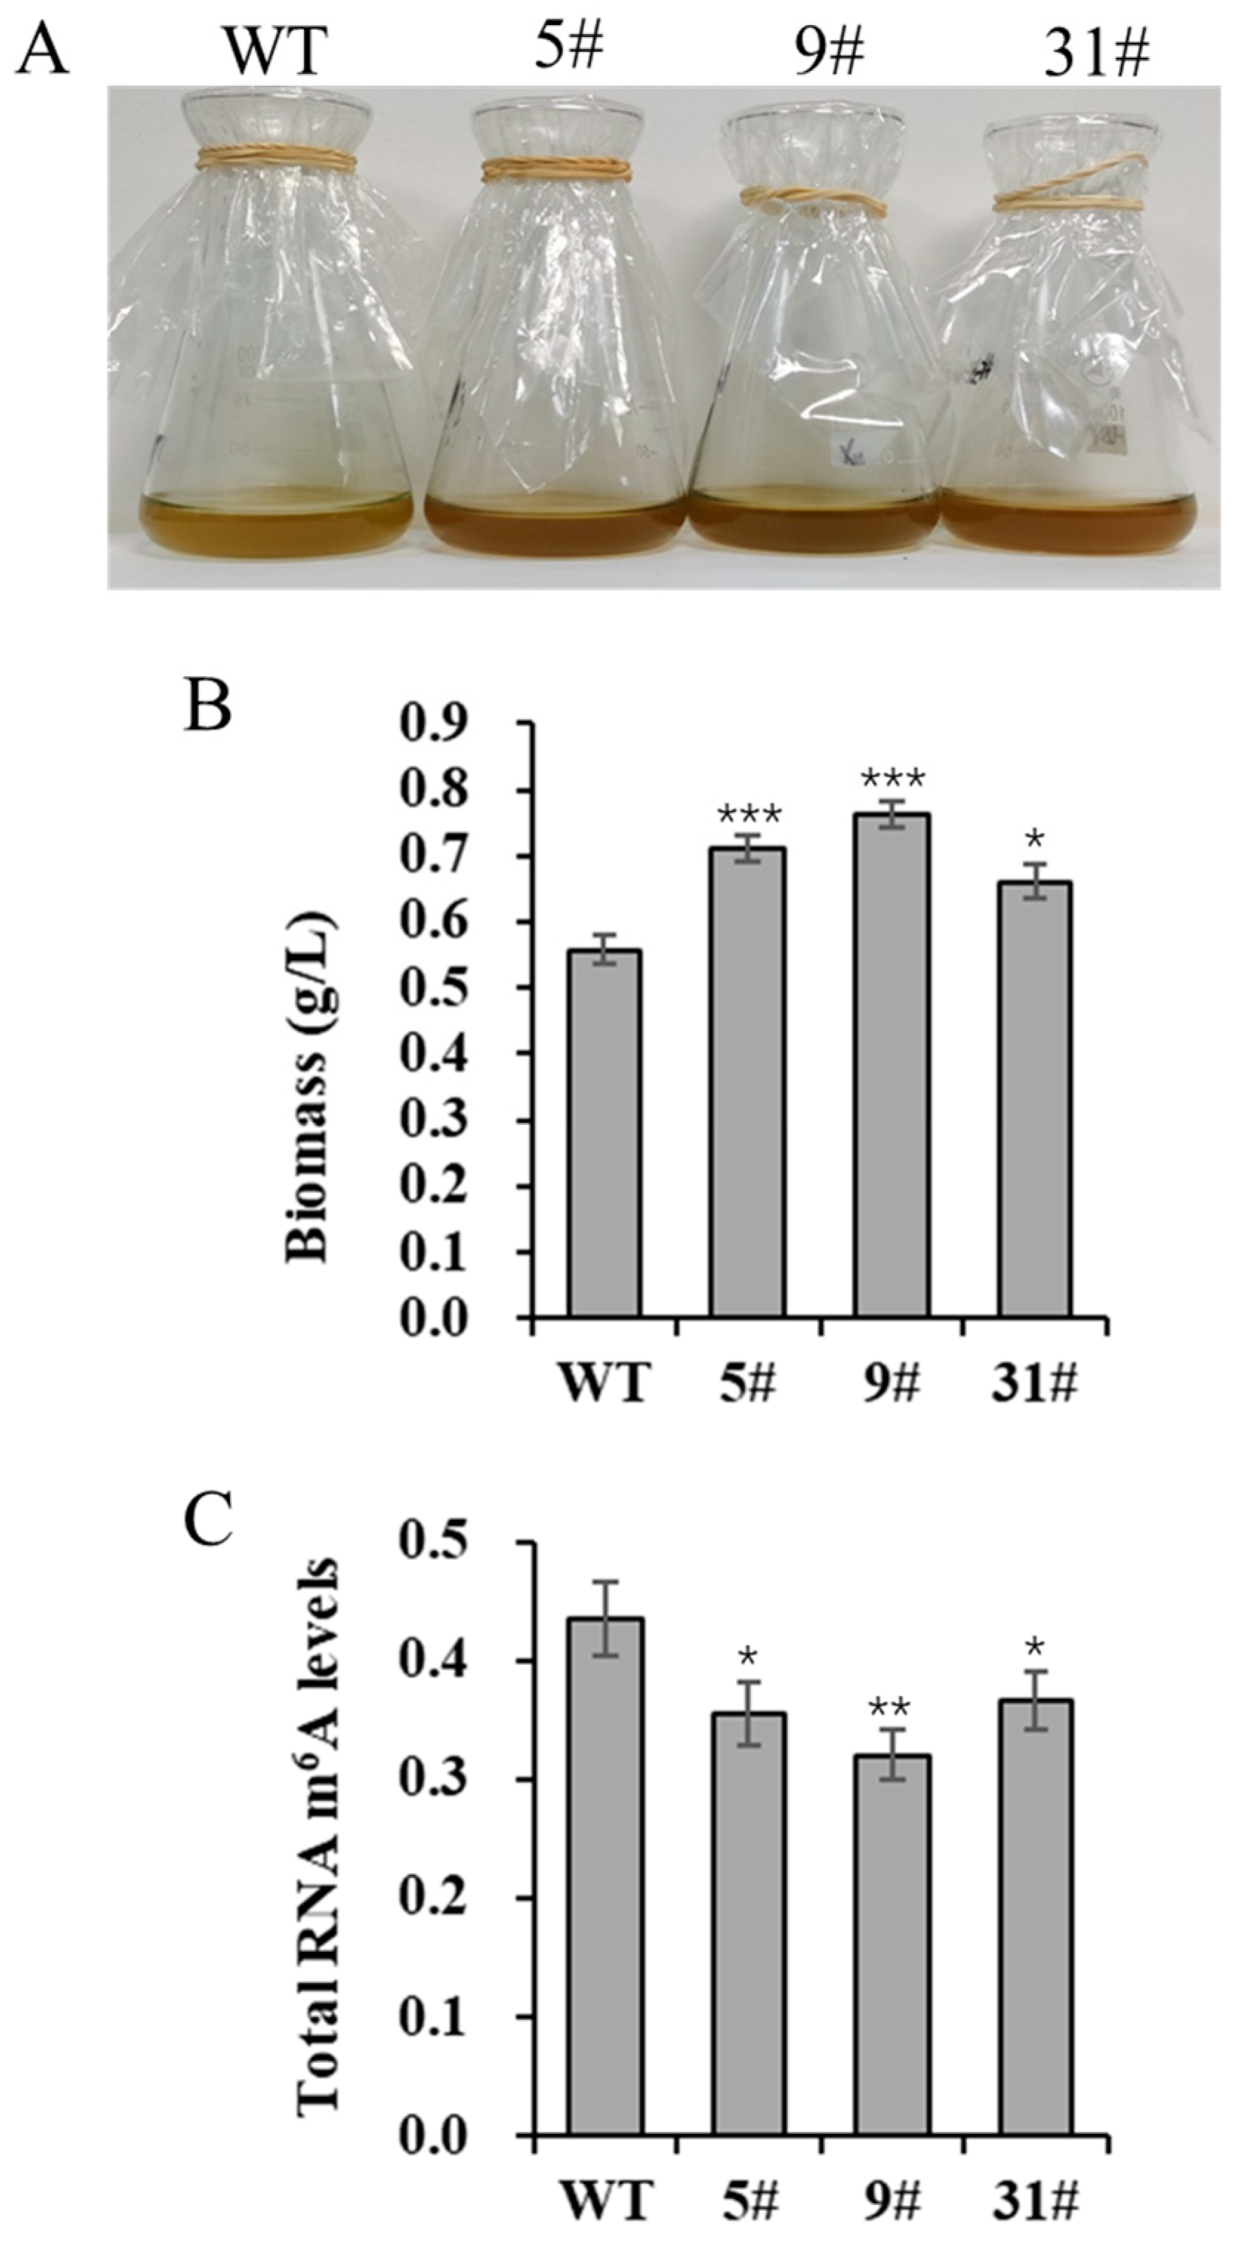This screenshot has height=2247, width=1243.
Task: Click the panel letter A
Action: [x=44, y=50]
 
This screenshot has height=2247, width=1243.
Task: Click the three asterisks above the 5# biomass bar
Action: [x=749, y=817]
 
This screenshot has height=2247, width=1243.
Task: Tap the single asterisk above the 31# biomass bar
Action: [x=1035, y=840]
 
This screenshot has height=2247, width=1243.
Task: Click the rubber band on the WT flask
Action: [x=276, y=159]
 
